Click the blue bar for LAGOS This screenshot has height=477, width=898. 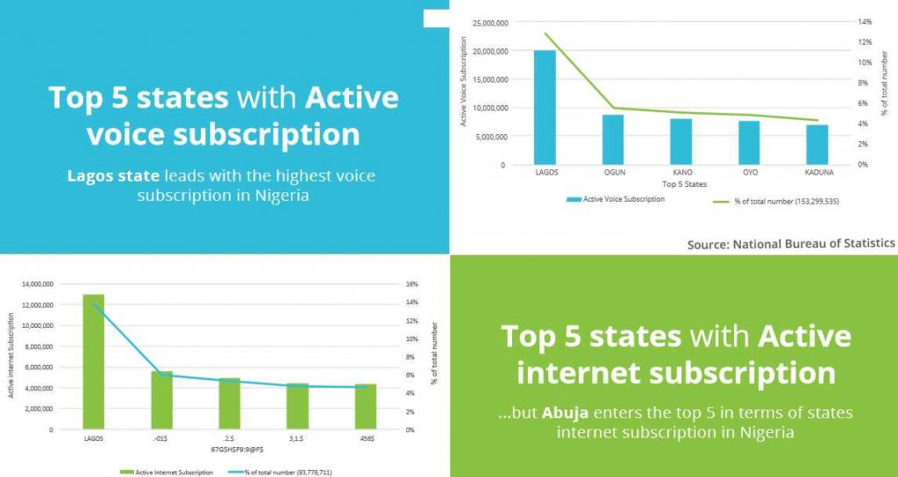click(545, 107)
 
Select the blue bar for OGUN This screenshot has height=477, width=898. click(613, 139)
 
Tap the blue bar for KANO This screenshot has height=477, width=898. click(681, 141)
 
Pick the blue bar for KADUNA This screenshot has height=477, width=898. click(816, 144)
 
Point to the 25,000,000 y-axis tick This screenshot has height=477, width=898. click(489, 23)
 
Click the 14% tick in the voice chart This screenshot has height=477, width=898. click(865, 21)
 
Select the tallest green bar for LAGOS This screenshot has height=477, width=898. click(93, 361)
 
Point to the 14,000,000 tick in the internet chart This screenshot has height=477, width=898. click(36, 284)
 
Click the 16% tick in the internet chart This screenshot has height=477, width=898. click(412, 284)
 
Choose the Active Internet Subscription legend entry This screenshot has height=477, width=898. click(164, 472)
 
